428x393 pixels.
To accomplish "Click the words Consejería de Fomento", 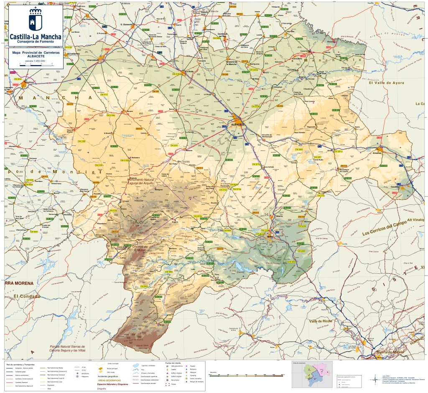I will pos(36,42).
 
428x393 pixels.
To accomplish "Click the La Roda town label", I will pos(191,71).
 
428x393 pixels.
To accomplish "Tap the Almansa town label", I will pos(378,153).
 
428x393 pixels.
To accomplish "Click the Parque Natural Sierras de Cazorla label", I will pos(67,348).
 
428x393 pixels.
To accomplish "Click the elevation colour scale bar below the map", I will pos(234,376).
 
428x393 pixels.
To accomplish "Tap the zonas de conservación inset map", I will pos(312,374).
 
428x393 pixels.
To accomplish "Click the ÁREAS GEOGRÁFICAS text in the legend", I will pos(110,380).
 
